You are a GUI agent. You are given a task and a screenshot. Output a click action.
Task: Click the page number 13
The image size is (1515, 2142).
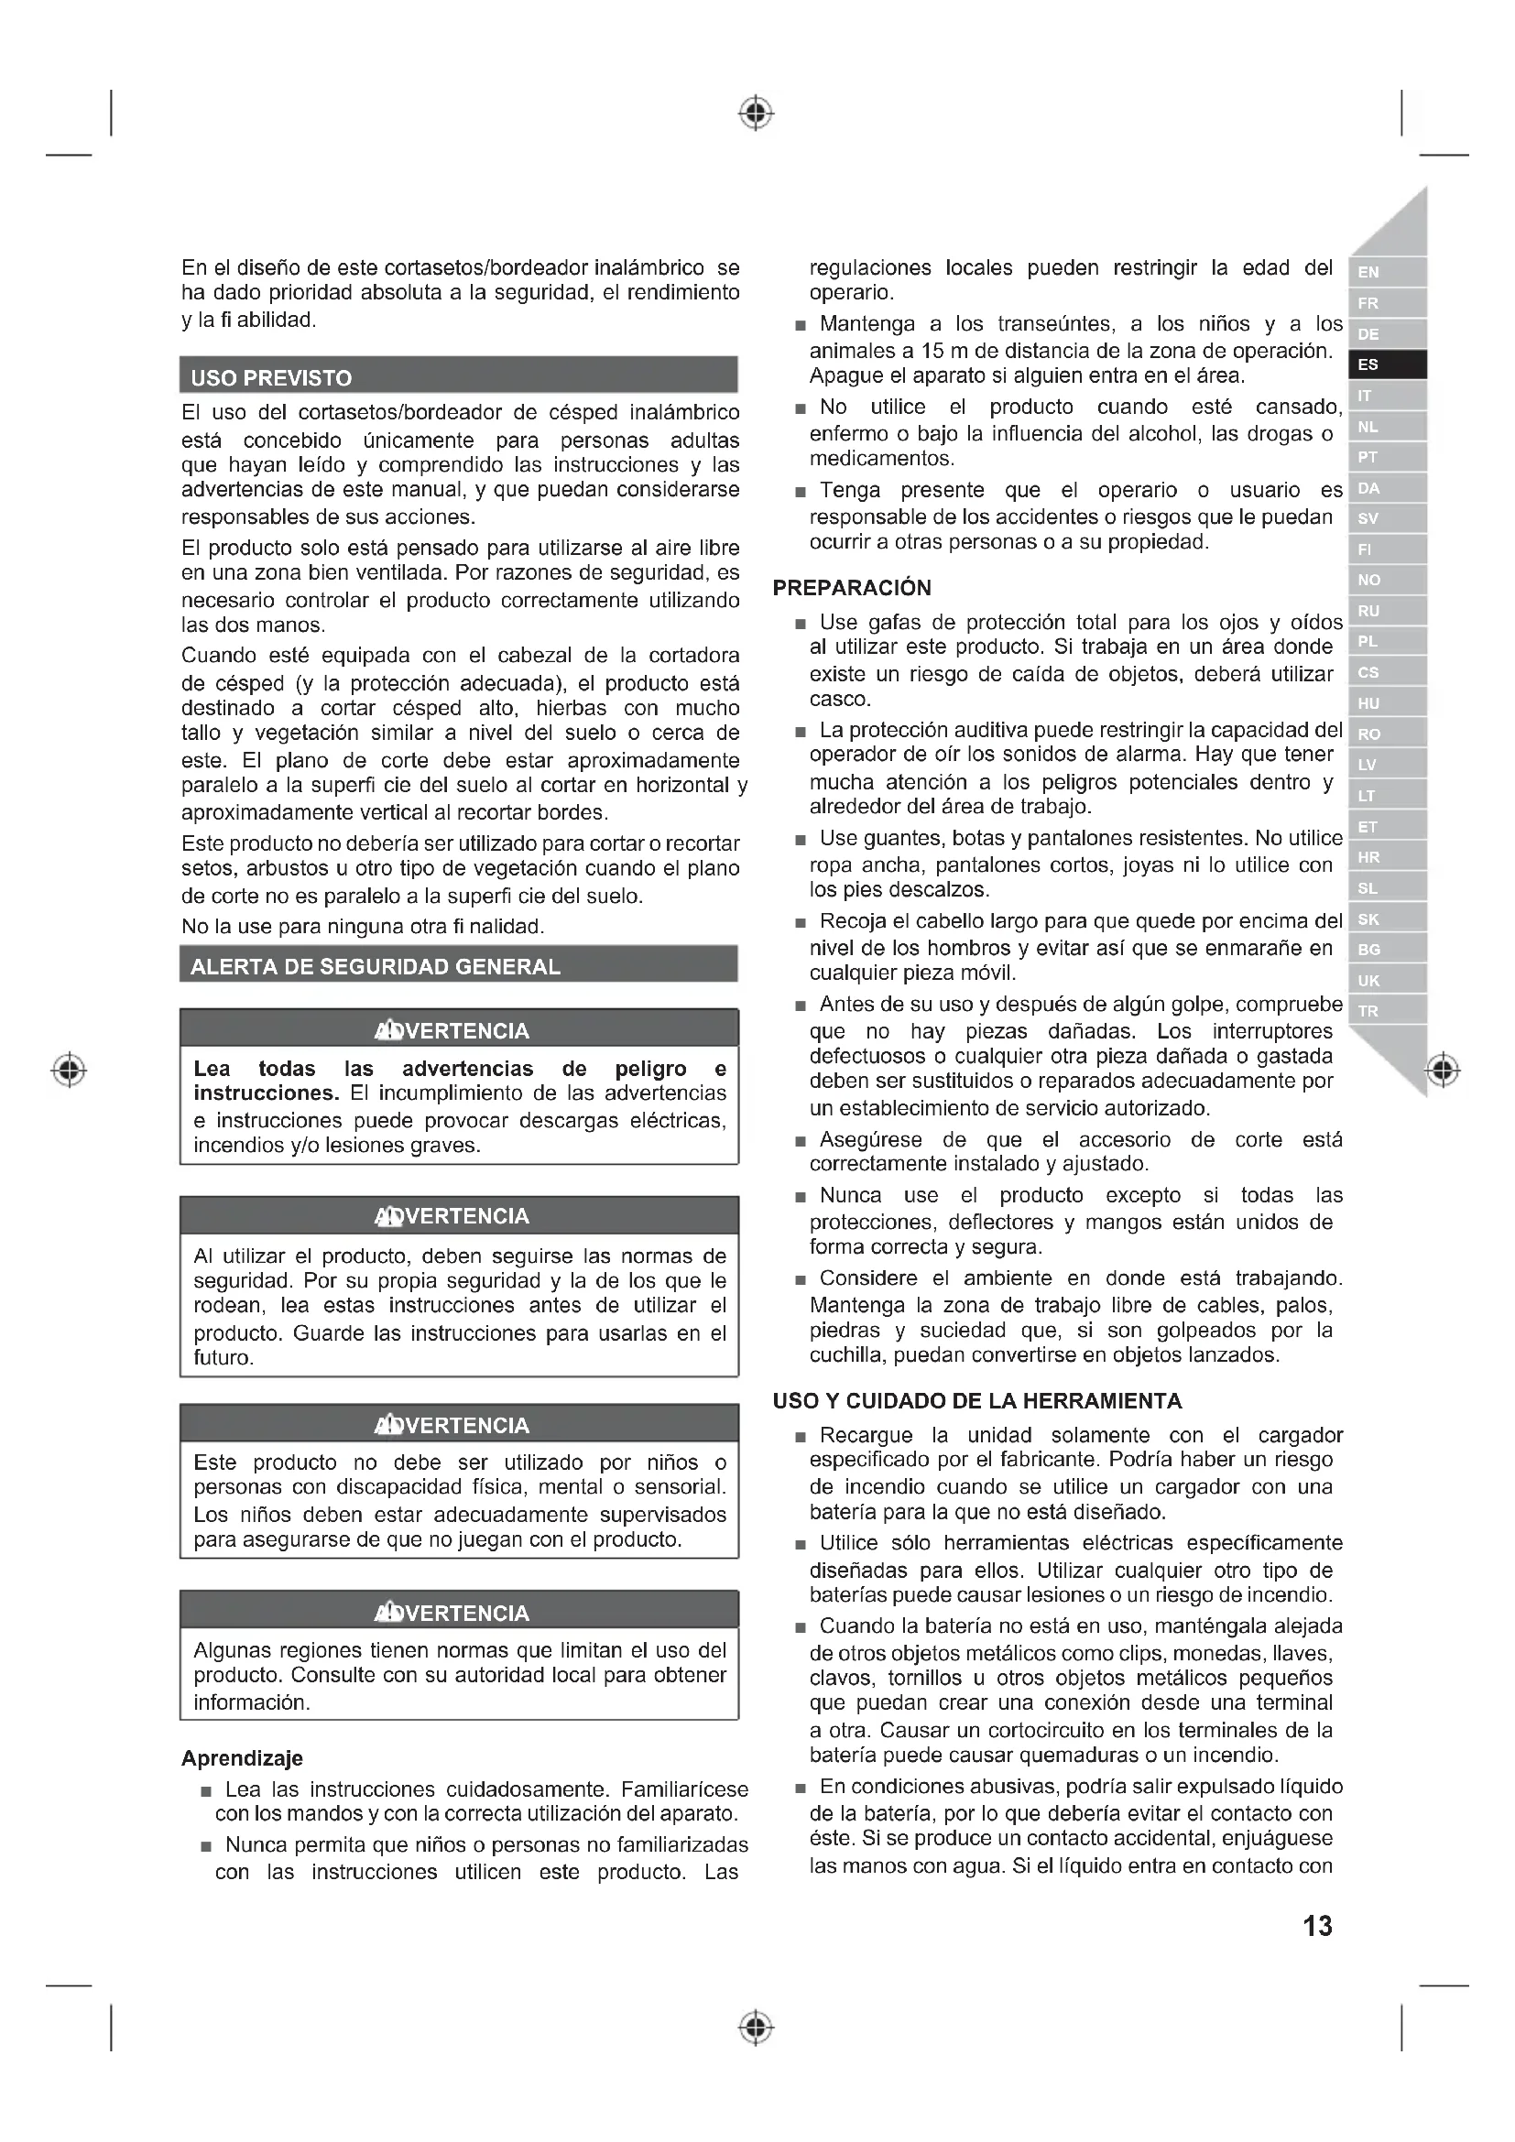[1317, 1926]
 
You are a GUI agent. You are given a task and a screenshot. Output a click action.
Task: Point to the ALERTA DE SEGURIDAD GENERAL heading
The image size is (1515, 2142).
[375, 966]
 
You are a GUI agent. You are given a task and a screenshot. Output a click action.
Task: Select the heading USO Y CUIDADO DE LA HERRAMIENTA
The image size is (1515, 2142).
[976, 1400]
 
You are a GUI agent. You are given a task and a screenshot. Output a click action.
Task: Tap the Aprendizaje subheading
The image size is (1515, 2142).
[242, 1757]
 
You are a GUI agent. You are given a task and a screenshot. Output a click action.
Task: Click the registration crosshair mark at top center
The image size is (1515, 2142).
[757, 113]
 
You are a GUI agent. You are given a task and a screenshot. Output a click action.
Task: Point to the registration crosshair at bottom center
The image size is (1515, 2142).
[757, 2028]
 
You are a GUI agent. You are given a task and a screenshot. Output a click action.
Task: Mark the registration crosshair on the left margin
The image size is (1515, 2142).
[69, 1069]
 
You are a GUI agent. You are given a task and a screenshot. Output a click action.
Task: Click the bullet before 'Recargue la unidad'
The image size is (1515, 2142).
[800, 1438]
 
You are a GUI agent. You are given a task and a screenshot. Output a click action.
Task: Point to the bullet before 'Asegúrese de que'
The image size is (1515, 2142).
[800, 1142]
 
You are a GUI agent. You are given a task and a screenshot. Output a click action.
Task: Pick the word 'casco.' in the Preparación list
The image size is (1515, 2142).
[840, 699]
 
